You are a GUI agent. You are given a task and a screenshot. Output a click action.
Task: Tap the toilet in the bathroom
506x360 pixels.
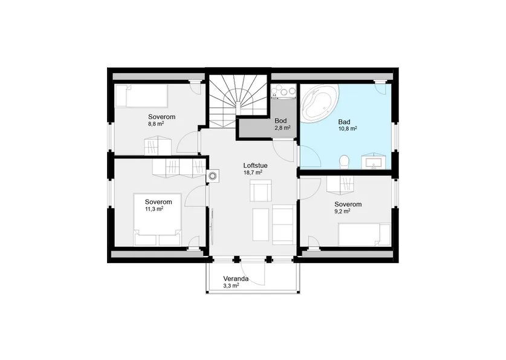345,162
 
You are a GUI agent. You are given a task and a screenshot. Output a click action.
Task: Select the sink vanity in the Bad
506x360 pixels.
374,161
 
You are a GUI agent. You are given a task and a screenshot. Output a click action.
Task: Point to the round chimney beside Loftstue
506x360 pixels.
213,176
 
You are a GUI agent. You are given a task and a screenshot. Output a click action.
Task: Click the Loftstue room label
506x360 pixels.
255,166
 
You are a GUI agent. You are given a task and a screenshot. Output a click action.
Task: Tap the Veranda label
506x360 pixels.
236,279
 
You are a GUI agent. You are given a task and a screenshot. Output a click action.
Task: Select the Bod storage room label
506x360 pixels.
281,121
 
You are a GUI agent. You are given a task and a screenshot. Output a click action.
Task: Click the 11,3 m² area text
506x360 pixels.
154,209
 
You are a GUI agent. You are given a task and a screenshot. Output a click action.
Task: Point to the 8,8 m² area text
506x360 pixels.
156,123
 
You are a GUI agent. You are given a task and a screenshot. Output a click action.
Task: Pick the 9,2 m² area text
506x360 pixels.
342,212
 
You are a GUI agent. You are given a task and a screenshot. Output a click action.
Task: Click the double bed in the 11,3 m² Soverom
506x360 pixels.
157,220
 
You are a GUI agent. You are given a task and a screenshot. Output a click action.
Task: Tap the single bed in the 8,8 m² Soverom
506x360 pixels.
141,96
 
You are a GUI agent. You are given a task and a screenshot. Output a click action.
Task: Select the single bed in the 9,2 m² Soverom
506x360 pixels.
365,235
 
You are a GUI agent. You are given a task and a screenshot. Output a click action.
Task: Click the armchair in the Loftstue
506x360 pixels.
261,191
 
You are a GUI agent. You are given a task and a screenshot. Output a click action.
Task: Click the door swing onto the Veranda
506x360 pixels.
253,274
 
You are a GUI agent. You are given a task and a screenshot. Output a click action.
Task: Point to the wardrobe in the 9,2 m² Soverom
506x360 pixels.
340,185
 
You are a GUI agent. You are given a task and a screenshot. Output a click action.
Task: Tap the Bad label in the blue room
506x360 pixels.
344,122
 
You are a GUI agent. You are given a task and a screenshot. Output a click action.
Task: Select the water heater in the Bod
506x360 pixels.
284,91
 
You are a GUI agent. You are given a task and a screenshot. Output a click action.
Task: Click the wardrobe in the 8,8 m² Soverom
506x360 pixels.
157,145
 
